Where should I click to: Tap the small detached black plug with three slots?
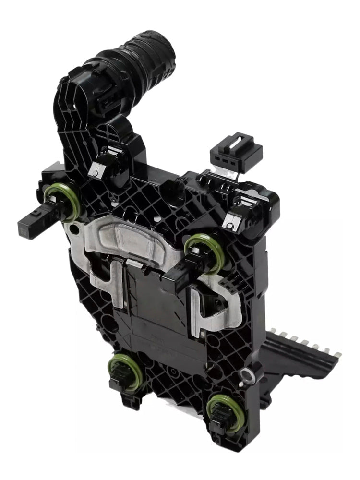pos(236,153)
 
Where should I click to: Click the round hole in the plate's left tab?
pos(74,230)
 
